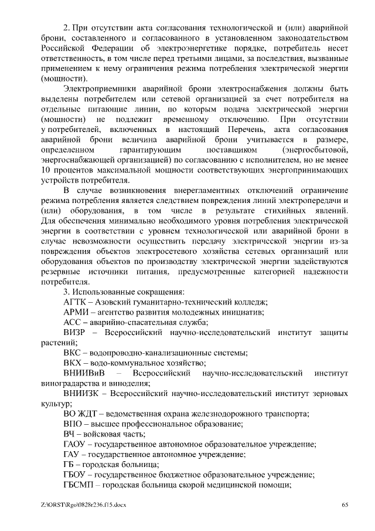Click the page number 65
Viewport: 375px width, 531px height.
345,505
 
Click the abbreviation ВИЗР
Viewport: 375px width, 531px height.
74,332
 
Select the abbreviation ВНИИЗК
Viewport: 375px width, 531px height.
82,393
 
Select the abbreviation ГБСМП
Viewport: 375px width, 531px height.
78,485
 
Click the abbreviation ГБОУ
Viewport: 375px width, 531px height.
75,475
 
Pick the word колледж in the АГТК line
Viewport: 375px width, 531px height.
247,302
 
